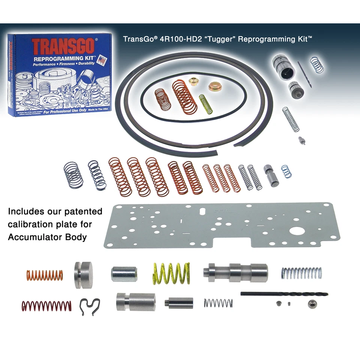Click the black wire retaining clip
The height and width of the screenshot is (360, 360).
coord(91,306)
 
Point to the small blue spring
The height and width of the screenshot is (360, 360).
coord(286,171)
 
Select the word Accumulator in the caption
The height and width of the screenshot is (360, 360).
coord(37,237)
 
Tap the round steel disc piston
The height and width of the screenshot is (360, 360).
coord(83,275)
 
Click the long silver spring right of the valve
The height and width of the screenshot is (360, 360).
coord(301,273)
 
